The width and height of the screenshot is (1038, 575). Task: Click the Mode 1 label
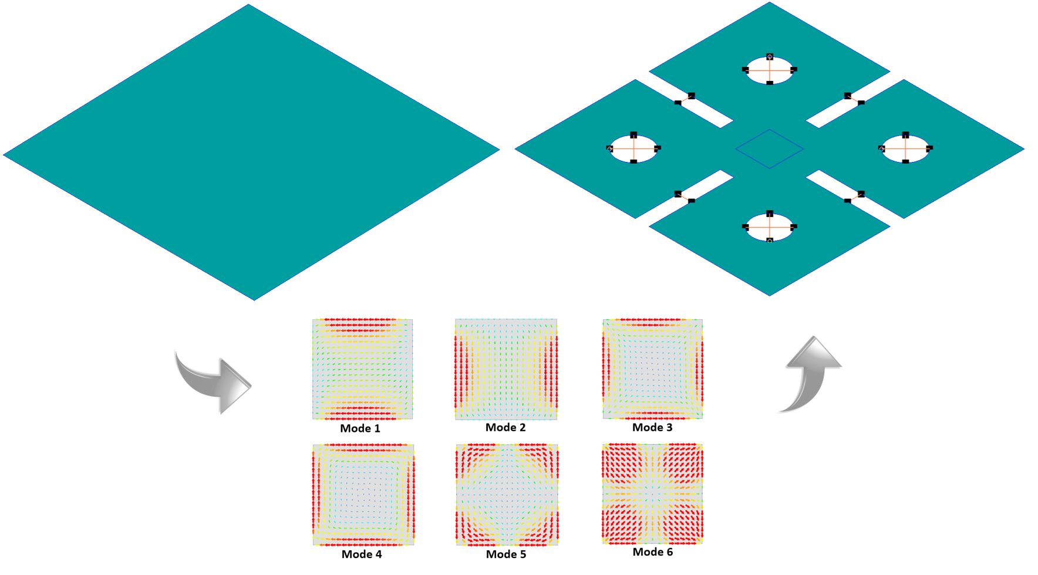pos(360,428)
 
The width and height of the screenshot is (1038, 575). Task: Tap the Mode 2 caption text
pos(505,427)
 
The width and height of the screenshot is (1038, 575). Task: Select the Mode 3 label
pos(652,427)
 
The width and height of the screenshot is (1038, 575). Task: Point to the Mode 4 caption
pos(362,554)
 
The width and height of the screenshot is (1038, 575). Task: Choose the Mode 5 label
pos(506,554)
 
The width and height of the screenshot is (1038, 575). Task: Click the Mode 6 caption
pos(652,552)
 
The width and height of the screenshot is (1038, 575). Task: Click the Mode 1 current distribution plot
pos(362,369)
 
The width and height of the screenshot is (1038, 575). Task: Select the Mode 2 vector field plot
pos(506,369)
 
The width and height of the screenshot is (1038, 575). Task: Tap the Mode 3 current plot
pos(652,368)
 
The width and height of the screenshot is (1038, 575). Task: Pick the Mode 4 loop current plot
pos(363,495)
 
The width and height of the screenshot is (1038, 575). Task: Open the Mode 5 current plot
pos(507,495)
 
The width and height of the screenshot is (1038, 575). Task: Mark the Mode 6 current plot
pos(652,493)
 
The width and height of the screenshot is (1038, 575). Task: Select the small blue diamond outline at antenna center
pos(769,149)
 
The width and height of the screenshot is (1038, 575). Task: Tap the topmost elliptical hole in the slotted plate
pos(769,70)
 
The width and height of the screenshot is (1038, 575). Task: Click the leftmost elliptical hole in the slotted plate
pos(633,148)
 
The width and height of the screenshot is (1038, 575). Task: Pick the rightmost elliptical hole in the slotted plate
pos(905,148)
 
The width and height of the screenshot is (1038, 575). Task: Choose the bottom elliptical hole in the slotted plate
pos(769,227)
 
